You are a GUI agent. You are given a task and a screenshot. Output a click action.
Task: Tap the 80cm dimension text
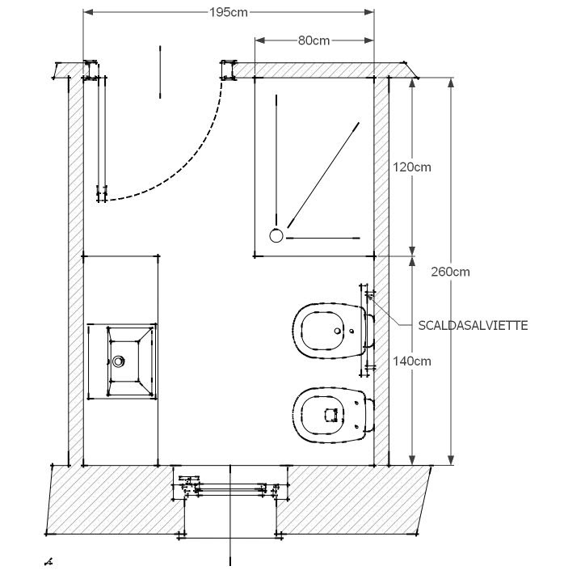click(x=313, y=40)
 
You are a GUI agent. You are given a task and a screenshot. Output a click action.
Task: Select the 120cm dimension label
click(x=412, y=167)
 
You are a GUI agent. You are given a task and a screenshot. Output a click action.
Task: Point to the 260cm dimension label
click(x=451, y=272)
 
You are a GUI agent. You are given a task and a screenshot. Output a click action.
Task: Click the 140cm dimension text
click(x=411, y=361)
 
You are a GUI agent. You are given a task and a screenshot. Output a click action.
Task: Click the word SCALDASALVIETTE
click(x=474, y=325)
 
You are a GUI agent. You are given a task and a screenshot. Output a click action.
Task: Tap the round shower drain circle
click(x=276, y=235)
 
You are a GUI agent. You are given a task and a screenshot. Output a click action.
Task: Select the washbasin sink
click(x=121, y=361)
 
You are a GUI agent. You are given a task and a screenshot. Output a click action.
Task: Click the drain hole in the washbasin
click(x=120, y=361)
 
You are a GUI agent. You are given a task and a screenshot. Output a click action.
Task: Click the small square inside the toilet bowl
click(x=330, y=415)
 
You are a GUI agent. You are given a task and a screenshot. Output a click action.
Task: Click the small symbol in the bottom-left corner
click(x=49, y=559)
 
